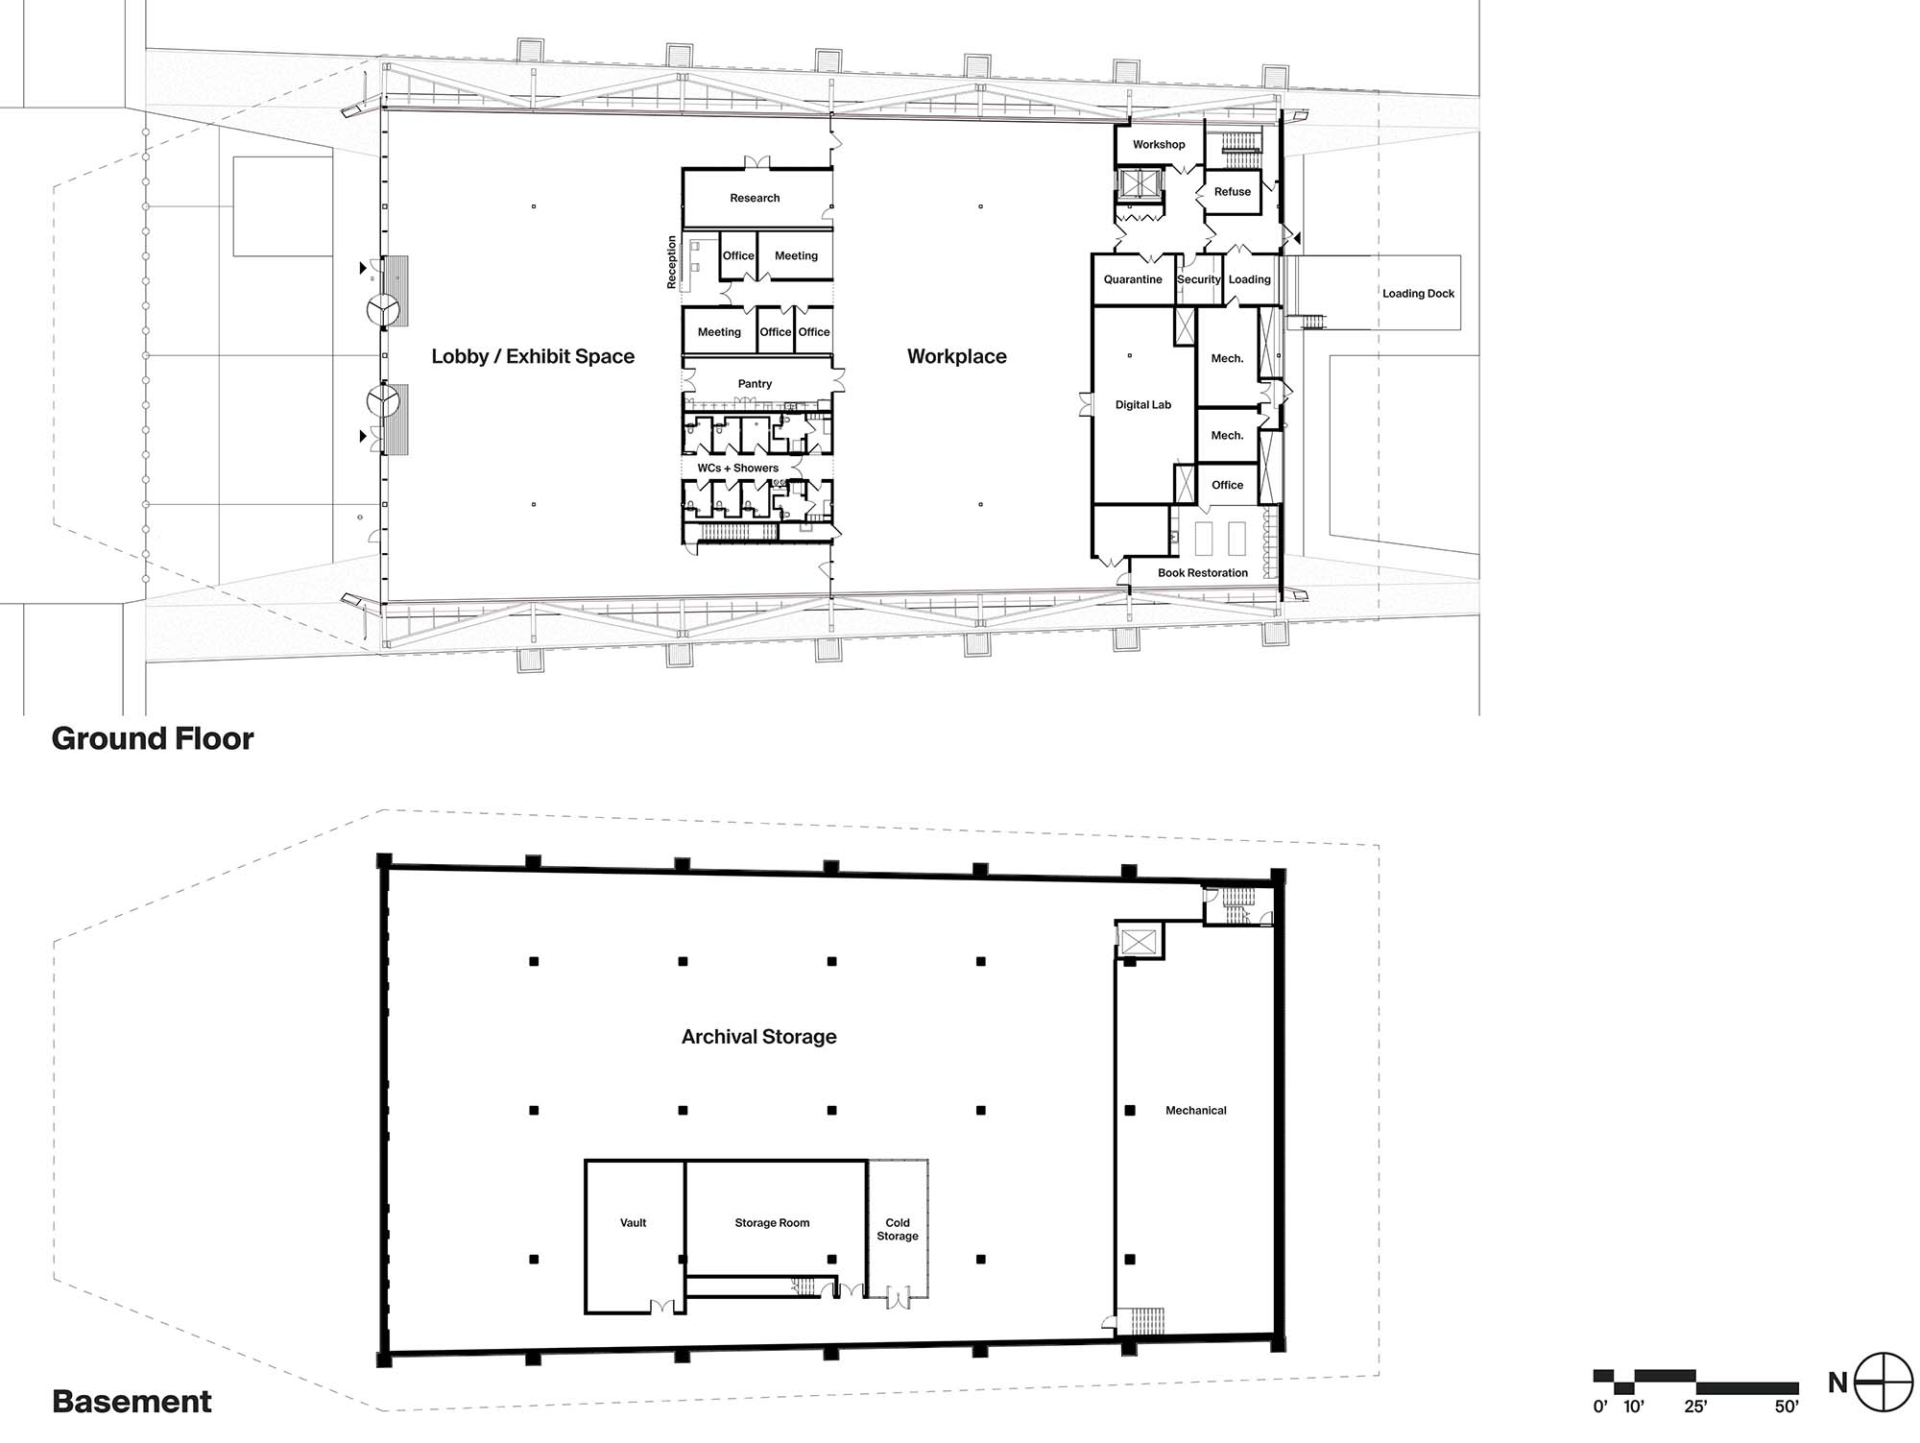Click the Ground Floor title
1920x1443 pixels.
[153, 738]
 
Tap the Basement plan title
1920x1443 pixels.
[132, 1402]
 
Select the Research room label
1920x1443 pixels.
[755, 198]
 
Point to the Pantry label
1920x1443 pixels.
[755, 384]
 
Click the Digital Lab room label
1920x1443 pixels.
[1143, 405]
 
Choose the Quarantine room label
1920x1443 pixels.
[1133, 279]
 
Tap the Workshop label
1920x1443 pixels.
[1159, 145]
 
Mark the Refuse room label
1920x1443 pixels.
[1233, 192]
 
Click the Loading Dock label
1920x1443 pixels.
[1418, 294]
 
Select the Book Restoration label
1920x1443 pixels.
[1203, 573]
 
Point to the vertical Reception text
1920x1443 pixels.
[672, 262]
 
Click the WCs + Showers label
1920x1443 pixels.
[737, 469]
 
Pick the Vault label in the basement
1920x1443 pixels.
[634, 1223]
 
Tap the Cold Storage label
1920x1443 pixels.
[898, 1230]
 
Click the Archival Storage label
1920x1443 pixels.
[759, 1037]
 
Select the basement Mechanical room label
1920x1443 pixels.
[1196, 1111]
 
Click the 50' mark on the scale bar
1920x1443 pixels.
[1787, 1407]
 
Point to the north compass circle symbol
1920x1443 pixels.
[1884, 1383]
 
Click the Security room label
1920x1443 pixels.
[1199, 279]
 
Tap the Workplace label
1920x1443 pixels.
[957, 356]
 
